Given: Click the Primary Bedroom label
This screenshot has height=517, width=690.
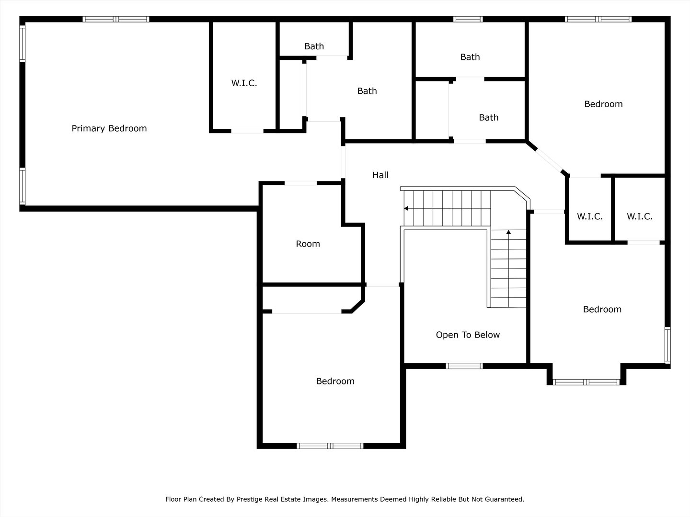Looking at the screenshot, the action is click(109, 128).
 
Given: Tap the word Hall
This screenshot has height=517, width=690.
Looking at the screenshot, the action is click(380, 175).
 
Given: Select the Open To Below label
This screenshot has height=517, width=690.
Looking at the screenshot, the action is click(468, 335).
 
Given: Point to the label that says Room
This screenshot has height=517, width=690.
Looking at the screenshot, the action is click(308, 244).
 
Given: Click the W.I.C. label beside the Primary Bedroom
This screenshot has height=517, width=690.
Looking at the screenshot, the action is click(244, 83).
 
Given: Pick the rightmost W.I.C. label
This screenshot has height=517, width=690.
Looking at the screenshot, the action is click(640, 216).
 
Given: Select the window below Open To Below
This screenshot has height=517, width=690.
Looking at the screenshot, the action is click(464, 366).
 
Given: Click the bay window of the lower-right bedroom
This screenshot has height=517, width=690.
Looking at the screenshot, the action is click(586, 382).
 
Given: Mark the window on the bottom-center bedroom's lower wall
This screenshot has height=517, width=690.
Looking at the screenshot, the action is click(330, 446).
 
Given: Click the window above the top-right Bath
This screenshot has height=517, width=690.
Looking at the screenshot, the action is click(468, 19).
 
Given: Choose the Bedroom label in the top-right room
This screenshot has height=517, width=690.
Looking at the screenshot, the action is click(603, 104).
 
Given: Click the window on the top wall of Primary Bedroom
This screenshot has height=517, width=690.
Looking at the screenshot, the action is click(116, 19).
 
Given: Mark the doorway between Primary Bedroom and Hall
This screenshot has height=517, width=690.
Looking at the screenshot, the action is click(343, 162).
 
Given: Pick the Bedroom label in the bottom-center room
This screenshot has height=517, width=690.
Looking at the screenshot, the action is click(335, 381).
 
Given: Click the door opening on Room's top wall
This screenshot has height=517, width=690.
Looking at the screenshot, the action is click(300, 183).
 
